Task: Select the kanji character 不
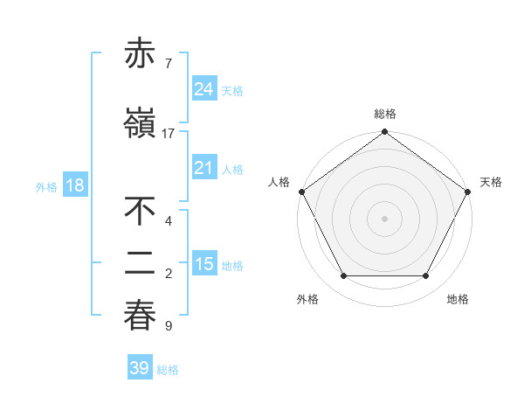[140, 212]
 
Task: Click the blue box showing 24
[203, 89]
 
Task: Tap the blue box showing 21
[203, 169]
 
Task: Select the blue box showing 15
[203, 264]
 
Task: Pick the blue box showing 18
[74, 185]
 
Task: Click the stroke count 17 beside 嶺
[169, 134]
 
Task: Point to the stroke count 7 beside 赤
[169, 64]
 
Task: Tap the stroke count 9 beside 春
[169, 326]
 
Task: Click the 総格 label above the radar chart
[384, 114]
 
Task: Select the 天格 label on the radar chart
[491, 182]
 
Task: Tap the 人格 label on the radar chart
[279, 182]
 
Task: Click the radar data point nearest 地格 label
[426, 276]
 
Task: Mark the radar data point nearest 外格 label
[343, 276]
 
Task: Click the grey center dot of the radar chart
[384, 219]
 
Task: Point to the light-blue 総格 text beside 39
[168, 370]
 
